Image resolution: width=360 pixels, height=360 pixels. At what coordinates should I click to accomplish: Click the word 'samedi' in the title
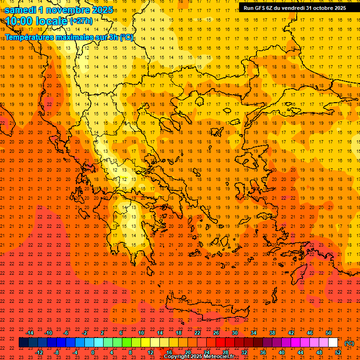20,10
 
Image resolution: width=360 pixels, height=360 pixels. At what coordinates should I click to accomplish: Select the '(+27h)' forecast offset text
81,21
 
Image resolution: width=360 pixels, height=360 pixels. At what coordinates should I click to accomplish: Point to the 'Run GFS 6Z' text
257,8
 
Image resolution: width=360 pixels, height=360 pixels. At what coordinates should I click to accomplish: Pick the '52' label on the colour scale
338,352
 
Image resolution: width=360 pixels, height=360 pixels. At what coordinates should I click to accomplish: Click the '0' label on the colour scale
93,352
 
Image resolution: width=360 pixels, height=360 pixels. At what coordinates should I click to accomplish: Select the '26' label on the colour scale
216,333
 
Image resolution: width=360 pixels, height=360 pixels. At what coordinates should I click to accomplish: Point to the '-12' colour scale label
39,352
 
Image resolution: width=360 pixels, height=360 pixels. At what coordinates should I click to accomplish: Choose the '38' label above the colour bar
272,333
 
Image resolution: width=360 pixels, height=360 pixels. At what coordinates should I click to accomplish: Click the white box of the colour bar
333,343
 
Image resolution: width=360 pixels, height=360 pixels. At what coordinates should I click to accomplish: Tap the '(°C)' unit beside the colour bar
349,343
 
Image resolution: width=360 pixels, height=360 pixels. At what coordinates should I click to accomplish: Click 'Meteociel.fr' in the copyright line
219,357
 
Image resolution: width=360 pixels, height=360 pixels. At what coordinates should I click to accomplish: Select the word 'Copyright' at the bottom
177,357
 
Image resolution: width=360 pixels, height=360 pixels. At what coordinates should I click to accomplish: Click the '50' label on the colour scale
329,333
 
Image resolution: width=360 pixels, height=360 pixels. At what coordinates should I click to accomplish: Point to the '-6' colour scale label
66,333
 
